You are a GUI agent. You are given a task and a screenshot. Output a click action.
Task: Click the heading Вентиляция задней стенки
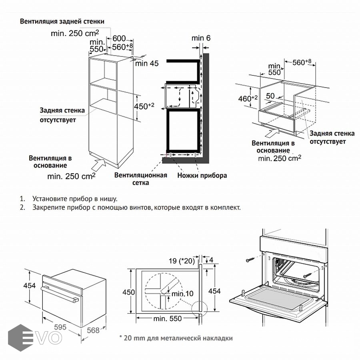click(x=63, y=21)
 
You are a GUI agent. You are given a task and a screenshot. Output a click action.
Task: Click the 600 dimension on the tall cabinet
click(x=119, y=38)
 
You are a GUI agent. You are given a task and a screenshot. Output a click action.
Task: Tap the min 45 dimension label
click(x=147, y=63)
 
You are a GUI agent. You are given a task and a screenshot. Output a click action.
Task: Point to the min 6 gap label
click(x=201, y=38)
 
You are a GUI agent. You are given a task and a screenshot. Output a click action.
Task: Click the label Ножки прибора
click(x=202, y=175)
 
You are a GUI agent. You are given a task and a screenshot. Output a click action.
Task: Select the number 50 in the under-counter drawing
click(x=270, y=96)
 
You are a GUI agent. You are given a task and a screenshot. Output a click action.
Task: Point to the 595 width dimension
click(x=60, y=327)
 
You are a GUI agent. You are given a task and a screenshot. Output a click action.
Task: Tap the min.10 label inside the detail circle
click(x=182, y=294)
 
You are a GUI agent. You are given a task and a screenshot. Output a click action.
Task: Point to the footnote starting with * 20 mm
click(x=176, y=338)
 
